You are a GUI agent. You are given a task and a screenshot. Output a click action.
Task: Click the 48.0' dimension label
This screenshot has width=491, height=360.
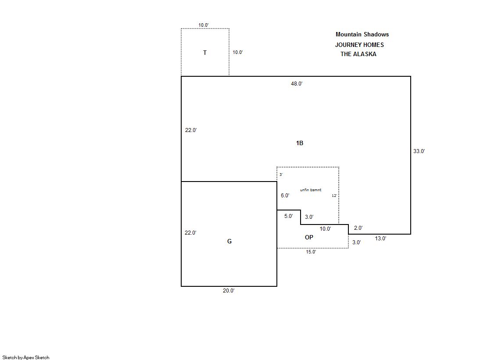coord(297,84)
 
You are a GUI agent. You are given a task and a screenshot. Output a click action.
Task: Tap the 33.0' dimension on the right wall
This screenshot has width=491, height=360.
coord(419,151)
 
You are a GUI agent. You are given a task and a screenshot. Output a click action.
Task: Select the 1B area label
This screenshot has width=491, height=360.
coord(300,143)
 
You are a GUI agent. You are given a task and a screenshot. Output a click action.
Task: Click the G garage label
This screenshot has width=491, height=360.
coord(229,241)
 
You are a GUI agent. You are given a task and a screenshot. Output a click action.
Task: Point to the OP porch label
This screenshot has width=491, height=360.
coord(309,237)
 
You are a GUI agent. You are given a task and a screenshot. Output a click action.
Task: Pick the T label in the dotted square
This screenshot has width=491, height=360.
coord(205,53)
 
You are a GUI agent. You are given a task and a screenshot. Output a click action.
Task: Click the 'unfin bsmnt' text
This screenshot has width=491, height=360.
coord(311,190)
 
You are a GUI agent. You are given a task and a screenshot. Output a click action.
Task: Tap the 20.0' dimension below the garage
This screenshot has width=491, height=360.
coord(229,291)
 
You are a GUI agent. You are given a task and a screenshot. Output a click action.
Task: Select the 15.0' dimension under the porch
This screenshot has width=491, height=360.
coord(311,252)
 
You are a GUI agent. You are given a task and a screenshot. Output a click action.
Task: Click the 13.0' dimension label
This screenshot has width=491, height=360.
coord(380,239)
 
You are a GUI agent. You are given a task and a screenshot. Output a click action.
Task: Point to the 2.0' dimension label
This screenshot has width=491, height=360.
coord(358,228)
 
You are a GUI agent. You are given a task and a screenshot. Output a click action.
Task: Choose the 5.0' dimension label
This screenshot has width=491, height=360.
coord(288,216)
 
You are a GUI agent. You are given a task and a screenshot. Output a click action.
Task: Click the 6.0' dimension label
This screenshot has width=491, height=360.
coord(285,195)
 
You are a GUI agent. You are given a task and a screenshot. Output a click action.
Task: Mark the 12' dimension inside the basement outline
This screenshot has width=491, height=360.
coord(334,196)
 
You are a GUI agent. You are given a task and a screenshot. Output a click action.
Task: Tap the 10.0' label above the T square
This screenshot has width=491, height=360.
coord(204,25)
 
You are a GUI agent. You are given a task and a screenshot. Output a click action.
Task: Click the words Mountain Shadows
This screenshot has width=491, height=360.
coord(362,35)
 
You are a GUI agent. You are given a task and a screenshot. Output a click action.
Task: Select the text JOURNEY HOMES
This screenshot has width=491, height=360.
coord(359,45)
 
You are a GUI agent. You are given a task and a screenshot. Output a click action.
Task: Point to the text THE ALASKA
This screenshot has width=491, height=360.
coord(358,54)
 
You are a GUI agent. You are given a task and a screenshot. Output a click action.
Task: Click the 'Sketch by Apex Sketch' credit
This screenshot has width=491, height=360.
coord(26,357)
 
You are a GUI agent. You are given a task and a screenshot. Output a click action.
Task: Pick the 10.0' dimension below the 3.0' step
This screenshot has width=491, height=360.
coord(325,229)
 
